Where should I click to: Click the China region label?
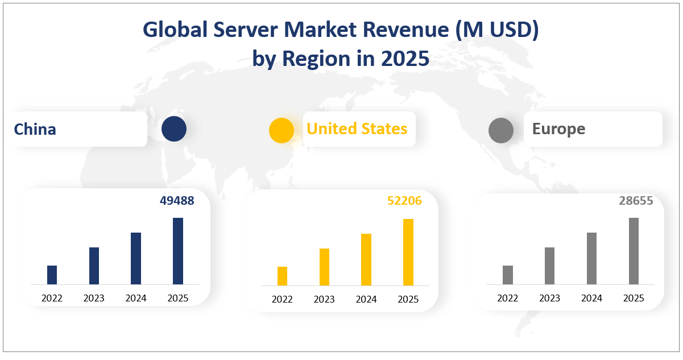35,129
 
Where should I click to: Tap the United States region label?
357,129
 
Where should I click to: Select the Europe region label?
558,129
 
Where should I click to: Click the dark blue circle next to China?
173,129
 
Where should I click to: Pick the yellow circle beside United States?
281,130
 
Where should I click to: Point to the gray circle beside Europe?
500,130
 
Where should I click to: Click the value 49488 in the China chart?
176,201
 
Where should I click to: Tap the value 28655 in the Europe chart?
636,201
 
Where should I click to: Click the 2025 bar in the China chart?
178,251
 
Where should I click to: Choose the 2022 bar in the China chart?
52,275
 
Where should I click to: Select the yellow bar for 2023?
324,267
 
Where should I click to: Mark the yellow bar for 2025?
408,252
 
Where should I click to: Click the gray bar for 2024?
591,258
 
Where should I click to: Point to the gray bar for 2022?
508,275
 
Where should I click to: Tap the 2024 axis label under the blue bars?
136,298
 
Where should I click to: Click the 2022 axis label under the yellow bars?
282,299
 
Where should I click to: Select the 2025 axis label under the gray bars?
634,298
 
